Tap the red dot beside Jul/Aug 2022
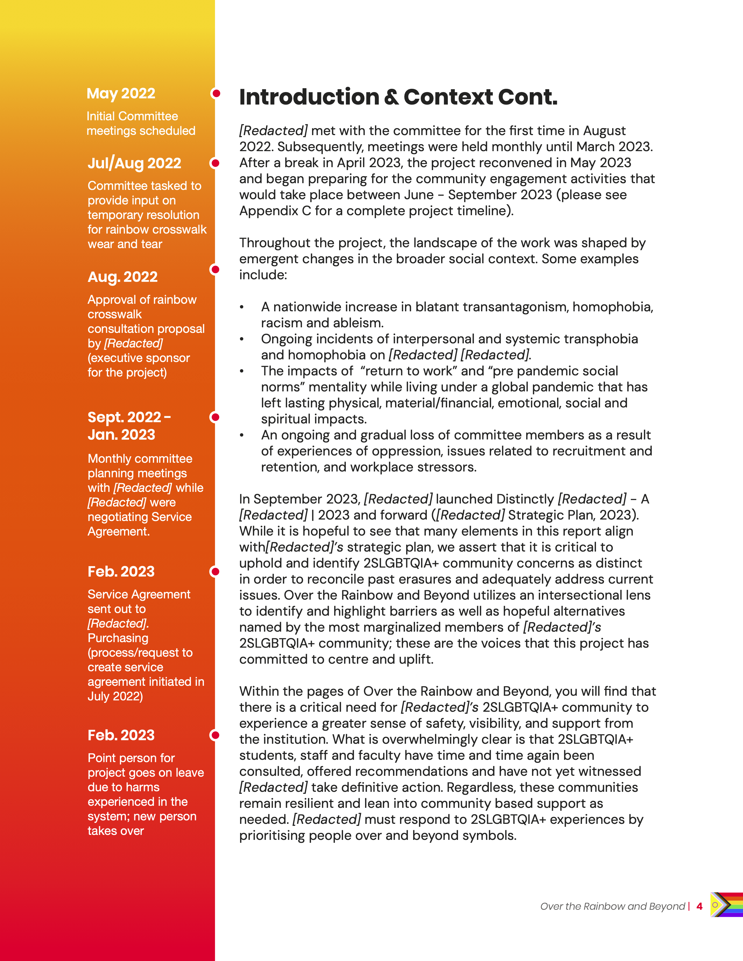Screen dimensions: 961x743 [x=215, y=163]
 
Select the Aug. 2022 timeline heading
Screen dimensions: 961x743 [x=122, y=277]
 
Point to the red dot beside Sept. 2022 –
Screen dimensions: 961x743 [x=215, y=417]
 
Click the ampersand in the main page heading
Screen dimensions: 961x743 [x=391, y=97]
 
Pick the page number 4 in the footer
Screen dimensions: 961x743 [x=699, y=907]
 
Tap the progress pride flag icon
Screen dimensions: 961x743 [x=726, y=905]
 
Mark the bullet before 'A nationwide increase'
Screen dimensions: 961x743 [x=242, y=307]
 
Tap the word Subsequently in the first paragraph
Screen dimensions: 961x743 [x=320, y=146]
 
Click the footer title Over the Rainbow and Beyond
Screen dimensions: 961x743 [x=612, y=907]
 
